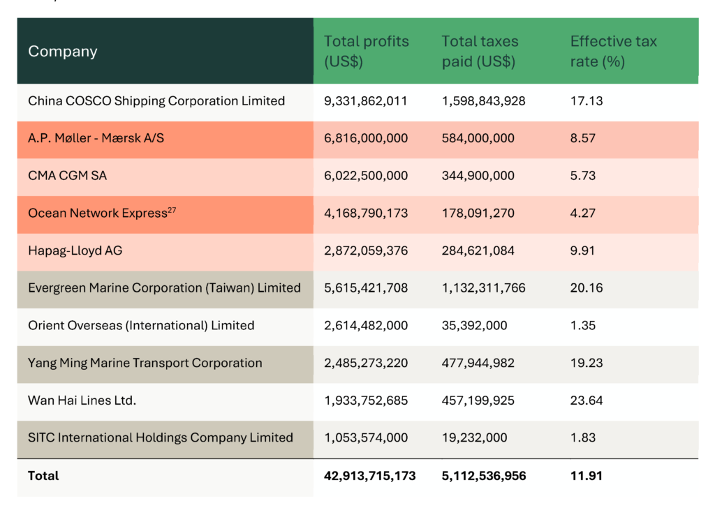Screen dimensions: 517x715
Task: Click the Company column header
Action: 63,52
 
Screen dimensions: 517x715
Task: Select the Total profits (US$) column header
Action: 366,52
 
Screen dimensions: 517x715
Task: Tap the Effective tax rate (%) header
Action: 613,52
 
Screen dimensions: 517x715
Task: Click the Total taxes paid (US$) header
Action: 480,52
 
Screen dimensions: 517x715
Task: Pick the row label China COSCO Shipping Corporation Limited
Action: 156,101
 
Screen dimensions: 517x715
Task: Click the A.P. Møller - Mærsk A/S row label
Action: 96,138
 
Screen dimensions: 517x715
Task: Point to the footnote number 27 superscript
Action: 172,210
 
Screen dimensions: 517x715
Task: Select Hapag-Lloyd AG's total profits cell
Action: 366,250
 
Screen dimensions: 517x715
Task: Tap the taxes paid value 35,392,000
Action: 474,326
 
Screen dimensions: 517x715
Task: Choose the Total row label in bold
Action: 43,476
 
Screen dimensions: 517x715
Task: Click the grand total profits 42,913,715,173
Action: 369,476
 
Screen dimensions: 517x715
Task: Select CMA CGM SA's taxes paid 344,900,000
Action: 478,176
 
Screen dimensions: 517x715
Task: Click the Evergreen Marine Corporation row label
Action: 164,288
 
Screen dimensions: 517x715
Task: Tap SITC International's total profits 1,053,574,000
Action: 366,438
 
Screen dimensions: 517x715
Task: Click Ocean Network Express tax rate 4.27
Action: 583,213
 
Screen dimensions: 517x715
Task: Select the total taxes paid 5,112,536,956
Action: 484,476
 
